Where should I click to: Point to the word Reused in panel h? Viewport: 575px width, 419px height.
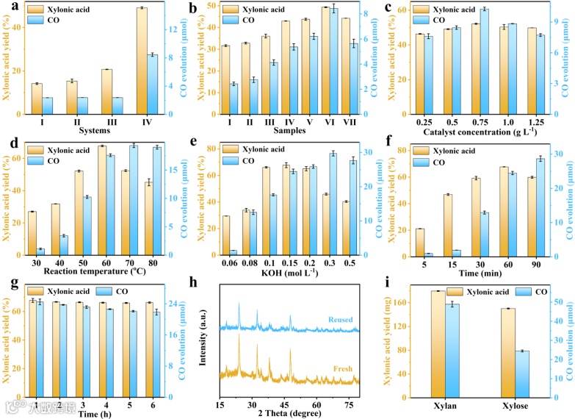tap(342, 320)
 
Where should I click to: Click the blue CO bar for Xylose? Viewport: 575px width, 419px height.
tap(524, 373)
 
